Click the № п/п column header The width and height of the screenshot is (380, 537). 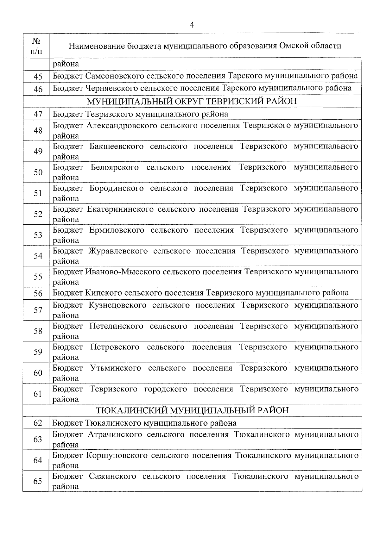point(36,46)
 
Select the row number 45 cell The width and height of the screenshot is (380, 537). point(38,77)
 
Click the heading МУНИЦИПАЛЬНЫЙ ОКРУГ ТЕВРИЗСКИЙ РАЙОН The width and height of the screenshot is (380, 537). point(192,101)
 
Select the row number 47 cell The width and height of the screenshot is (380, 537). point(38,114)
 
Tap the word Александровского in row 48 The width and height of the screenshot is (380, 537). point(122,125)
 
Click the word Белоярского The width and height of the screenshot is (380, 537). point(115,167)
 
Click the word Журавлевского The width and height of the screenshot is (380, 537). point(118,251)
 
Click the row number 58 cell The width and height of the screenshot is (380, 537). point(38,331)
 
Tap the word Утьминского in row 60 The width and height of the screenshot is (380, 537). point(115,368)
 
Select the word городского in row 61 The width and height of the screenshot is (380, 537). point(166,389)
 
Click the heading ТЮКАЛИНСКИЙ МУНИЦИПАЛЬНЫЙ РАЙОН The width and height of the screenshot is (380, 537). point(192,410)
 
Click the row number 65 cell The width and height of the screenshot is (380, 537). point(38,481)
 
